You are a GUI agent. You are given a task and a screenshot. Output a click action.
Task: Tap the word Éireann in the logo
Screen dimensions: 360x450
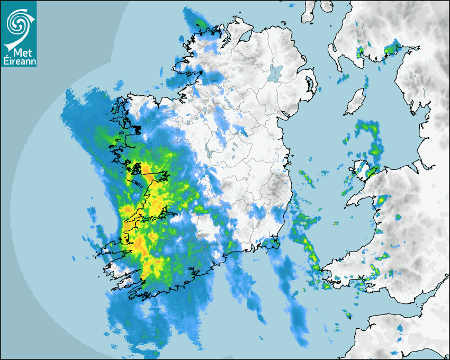click(x=19, y=61)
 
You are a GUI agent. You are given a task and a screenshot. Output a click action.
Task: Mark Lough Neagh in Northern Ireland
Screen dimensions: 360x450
click(x=276, y=73)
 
